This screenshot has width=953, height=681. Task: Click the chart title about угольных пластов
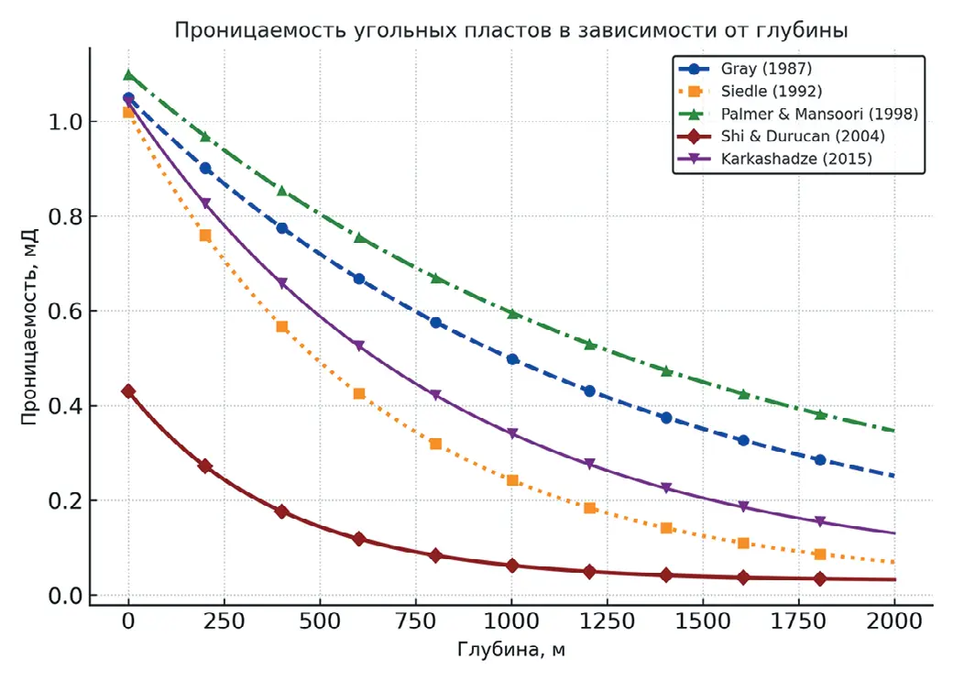tap(510, 30)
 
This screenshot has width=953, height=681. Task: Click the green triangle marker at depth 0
tap(128, 75)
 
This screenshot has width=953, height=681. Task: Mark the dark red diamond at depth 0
tap(128, 391)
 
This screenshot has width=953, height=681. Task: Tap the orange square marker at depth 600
tap(359, 393)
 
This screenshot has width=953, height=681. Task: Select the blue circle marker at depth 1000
tap(512, 359)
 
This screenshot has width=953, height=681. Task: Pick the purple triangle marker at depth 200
tap(205, 203)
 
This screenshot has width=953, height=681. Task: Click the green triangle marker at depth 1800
tap(819, 414)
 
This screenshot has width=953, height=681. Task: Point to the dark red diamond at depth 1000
tap(512, 566)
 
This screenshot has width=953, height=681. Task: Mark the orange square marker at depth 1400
tap(666, 528)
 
